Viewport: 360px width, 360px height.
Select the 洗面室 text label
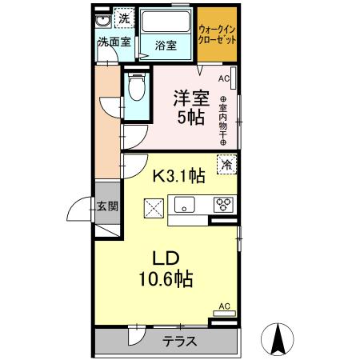[114, 42]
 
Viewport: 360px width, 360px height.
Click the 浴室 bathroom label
[166, 46]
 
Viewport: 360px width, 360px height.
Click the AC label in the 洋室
[223, 78]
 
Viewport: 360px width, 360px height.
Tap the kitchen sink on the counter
[185, 206]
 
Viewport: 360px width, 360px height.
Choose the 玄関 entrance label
[108, 206]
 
